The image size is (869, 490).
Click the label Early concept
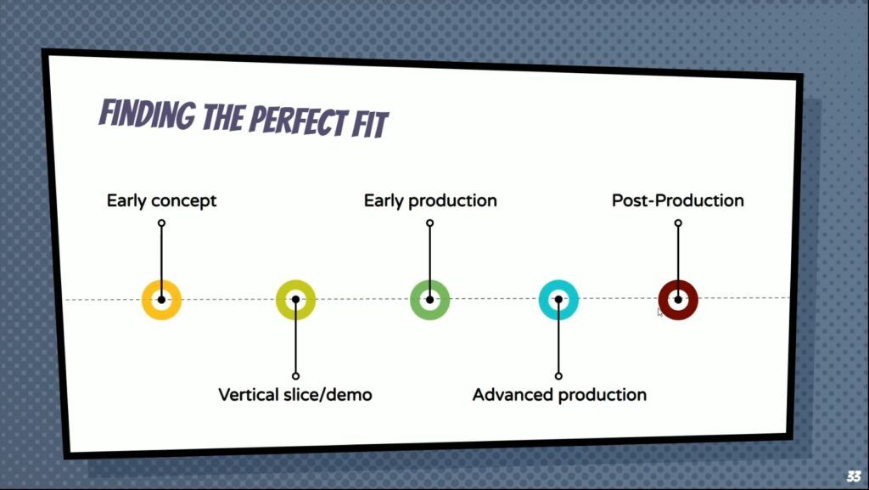coord(161,200)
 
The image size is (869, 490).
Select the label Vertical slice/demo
coord(295,395)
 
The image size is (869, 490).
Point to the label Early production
coord(430,200)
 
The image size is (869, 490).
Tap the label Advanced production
coord(559,395)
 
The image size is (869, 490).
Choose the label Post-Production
coord(678,200)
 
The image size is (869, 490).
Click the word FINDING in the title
coord(147,114)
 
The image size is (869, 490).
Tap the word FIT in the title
coord(370,124)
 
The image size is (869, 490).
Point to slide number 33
coord(854,476)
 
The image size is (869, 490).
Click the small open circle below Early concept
coord(161,222)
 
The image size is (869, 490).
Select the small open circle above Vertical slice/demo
coord(295,376)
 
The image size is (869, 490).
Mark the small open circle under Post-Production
coord(678,222)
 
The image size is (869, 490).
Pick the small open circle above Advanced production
coord(558,376)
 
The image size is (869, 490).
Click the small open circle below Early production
coord(429,222)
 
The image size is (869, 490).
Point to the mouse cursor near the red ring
coord(659,312)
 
